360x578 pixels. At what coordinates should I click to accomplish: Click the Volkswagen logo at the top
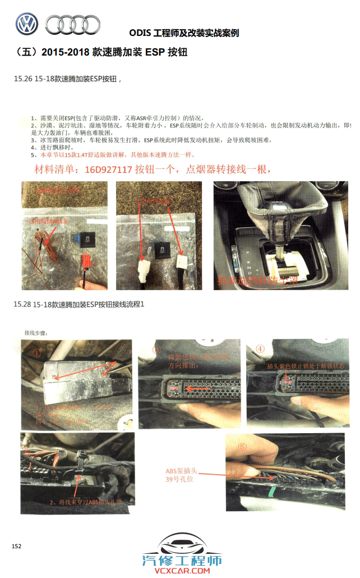pyautogui.click(x=26, y=24)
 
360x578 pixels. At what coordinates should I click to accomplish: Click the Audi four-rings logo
pyautogui.click(x=72, y=24)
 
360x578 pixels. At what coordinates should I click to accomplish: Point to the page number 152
pyautogui.click(x=16, y=546)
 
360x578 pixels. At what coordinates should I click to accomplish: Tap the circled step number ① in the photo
pyautogui.click(x=36, y=354)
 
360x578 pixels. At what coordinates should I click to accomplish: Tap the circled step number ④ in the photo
pyautogui.click(x=260, y=348)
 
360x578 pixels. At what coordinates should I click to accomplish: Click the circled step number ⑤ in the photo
pyautogui.click(x=242, y=448)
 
